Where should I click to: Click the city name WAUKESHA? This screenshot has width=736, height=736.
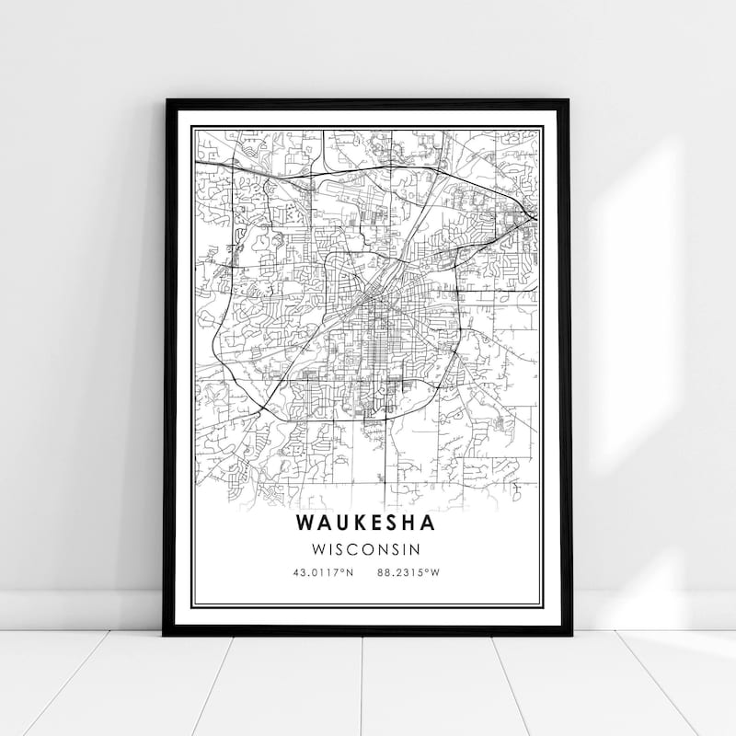click(x=367, y=523)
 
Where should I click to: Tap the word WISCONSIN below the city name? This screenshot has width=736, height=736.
click(x=367, y=549)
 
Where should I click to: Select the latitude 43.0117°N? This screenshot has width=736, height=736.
click(x=322, y=572)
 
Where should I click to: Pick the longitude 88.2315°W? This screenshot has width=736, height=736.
click(x=409, y=572)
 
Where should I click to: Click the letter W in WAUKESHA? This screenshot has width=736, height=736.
click(x=305, y=523)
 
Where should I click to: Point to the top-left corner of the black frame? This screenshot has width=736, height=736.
click(x=167, y=100)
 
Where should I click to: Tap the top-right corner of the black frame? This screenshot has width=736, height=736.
click(x=569, y=100)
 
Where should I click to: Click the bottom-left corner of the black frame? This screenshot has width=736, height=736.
click(x=165, y=634)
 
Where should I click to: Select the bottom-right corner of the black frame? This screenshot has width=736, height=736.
click(x=570, y=634)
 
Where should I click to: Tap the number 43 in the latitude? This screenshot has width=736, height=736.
click(x=296, y=572)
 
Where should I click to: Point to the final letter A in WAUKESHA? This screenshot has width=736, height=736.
click(x=431, y=523)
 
